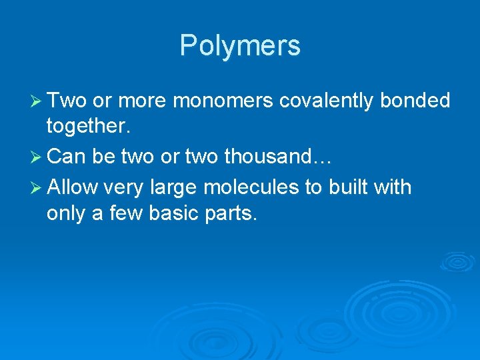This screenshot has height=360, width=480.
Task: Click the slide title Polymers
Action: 240,45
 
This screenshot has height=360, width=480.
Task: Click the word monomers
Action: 223,101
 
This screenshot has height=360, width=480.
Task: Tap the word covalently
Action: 327,101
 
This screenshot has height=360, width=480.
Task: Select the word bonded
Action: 415,101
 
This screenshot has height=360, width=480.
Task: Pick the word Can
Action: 64,157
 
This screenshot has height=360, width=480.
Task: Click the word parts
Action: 233,215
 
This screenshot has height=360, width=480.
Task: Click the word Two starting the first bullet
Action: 67,101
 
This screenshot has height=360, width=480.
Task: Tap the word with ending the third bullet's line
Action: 395,187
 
